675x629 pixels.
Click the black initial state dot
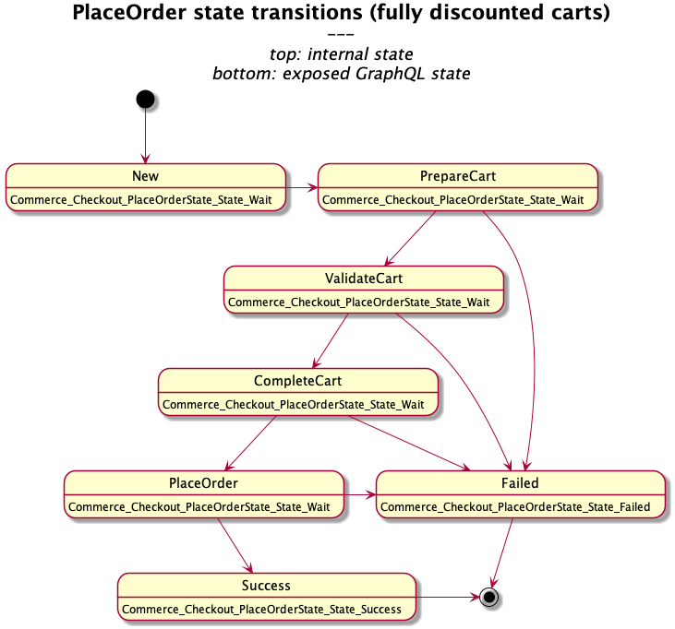(x=145, y=99)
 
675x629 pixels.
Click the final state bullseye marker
(x=489, y=597)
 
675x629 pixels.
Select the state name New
(x=145, y=175)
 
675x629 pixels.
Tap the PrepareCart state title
(x=458, y=175)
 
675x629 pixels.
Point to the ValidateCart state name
(x=364, y=278)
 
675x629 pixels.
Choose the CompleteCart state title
(x=297, y=381)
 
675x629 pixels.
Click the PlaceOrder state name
(x=203, y=482)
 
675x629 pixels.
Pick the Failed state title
(x=521, y=482)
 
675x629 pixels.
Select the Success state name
(x=266, y=585)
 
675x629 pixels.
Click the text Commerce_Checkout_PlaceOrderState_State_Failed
(x=515, y=506)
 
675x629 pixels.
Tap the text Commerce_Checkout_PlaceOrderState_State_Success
(x=262, y=609)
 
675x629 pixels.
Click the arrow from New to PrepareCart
(x=301, y=187)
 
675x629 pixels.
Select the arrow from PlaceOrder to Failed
(x=359, y=495)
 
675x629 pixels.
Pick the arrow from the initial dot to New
(x=145, y=136)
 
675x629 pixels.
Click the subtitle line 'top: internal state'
(x=341, y=53)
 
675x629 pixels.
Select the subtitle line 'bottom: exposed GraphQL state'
(x=341, y=74)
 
